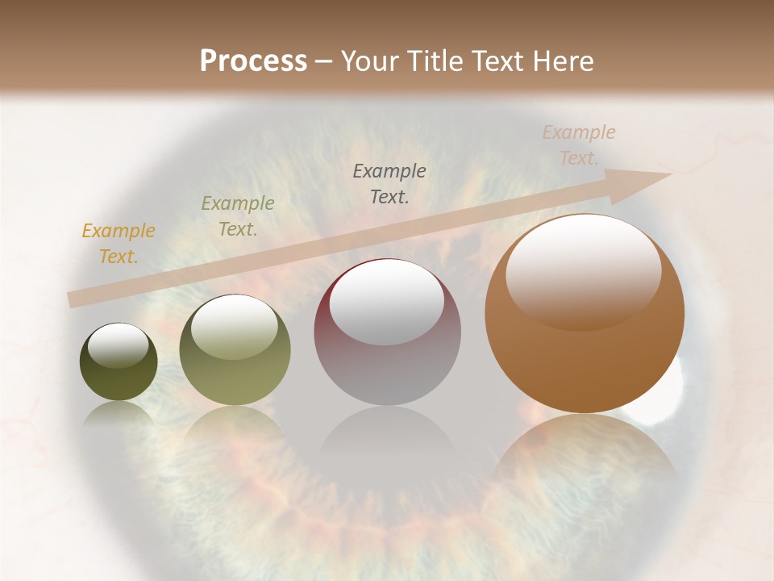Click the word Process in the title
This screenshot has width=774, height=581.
point(253,61)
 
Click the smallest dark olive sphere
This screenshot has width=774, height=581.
point(119,362)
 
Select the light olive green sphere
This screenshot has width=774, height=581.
point(235,350)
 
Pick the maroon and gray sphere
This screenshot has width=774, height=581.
point(387,332)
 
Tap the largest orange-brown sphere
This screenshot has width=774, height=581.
point(585,315)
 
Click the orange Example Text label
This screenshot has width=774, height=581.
point(119,244)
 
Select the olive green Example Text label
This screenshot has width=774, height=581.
point(237,216)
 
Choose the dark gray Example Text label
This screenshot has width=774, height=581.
point(389,184)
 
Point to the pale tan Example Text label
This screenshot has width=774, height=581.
point(579,145)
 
